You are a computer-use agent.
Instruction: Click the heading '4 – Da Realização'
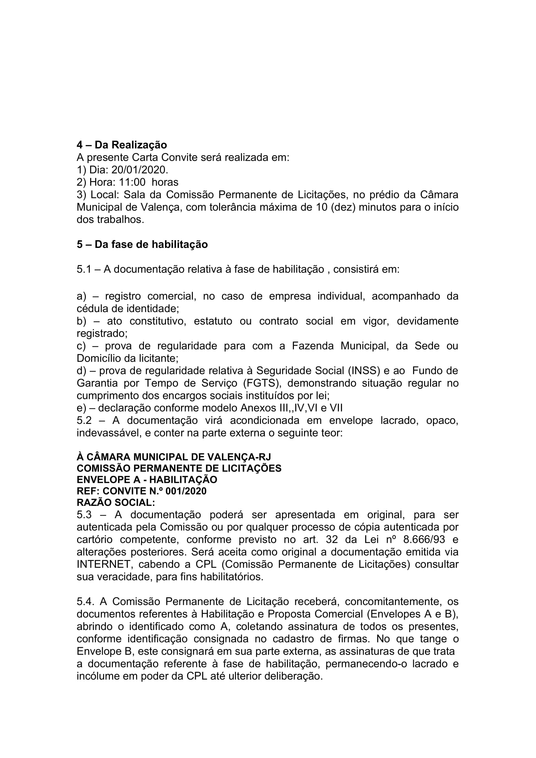pos(122,145)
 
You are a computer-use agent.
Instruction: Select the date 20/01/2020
pos(139,170)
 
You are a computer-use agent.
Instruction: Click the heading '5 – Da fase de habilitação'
pos(142,245)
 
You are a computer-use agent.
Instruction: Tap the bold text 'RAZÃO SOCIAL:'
pos(115,503)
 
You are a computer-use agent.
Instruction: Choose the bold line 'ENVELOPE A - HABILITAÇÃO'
pos(147,480)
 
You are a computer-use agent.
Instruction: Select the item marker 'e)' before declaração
pos(81,408)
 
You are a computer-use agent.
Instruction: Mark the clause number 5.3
pos(84,515)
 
